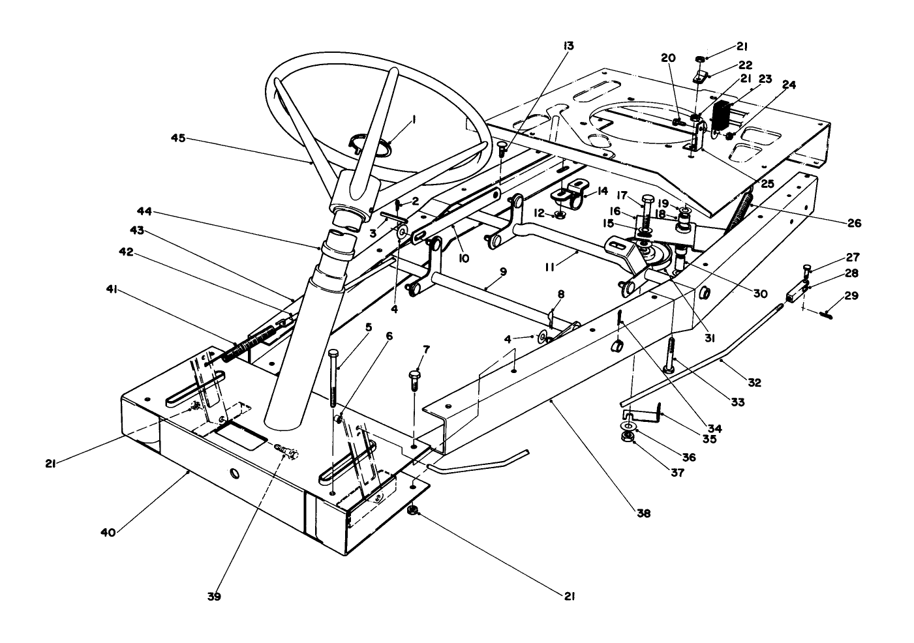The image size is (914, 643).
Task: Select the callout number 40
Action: pyautogui.click(x=108, y=532)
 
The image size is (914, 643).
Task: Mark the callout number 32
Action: pyautogui.click(x=754, y=383)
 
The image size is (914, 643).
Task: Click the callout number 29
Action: pyautogui.click(x=851, y=296)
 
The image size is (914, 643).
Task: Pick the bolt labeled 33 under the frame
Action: pyautogui.click(x=671, y=355)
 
